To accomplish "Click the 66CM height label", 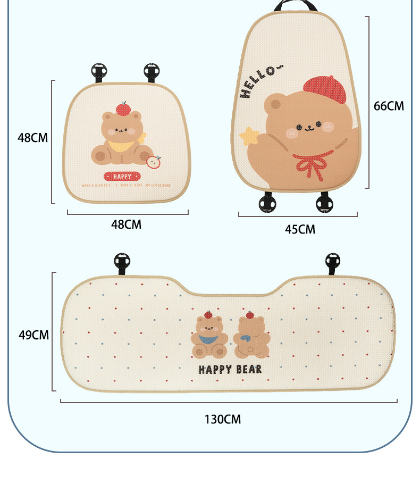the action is pos(389,106).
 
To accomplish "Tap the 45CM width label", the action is pos(300,230).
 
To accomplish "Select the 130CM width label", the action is pos(223,420).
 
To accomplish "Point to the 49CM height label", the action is pos(33,335).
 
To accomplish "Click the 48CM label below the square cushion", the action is pos(126,224).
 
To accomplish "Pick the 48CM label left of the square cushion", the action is pos(32,138).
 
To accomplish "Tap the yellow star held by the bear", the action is pos(249,136).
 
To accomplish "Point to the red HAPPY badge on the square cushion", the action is pos(123,176).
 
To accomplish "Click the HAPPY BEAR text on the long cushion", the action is pos(230,369).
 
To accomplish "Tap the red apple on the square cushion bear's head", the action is pos(123,108).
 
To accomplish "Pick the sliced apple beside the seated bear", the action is pos(154,161).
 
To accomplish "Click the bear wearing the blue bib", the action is pos(209,337).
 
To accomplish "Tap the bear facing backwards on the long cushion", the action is pos(253,337).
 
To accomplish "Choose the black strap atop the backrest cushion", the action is pos(296,6).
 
